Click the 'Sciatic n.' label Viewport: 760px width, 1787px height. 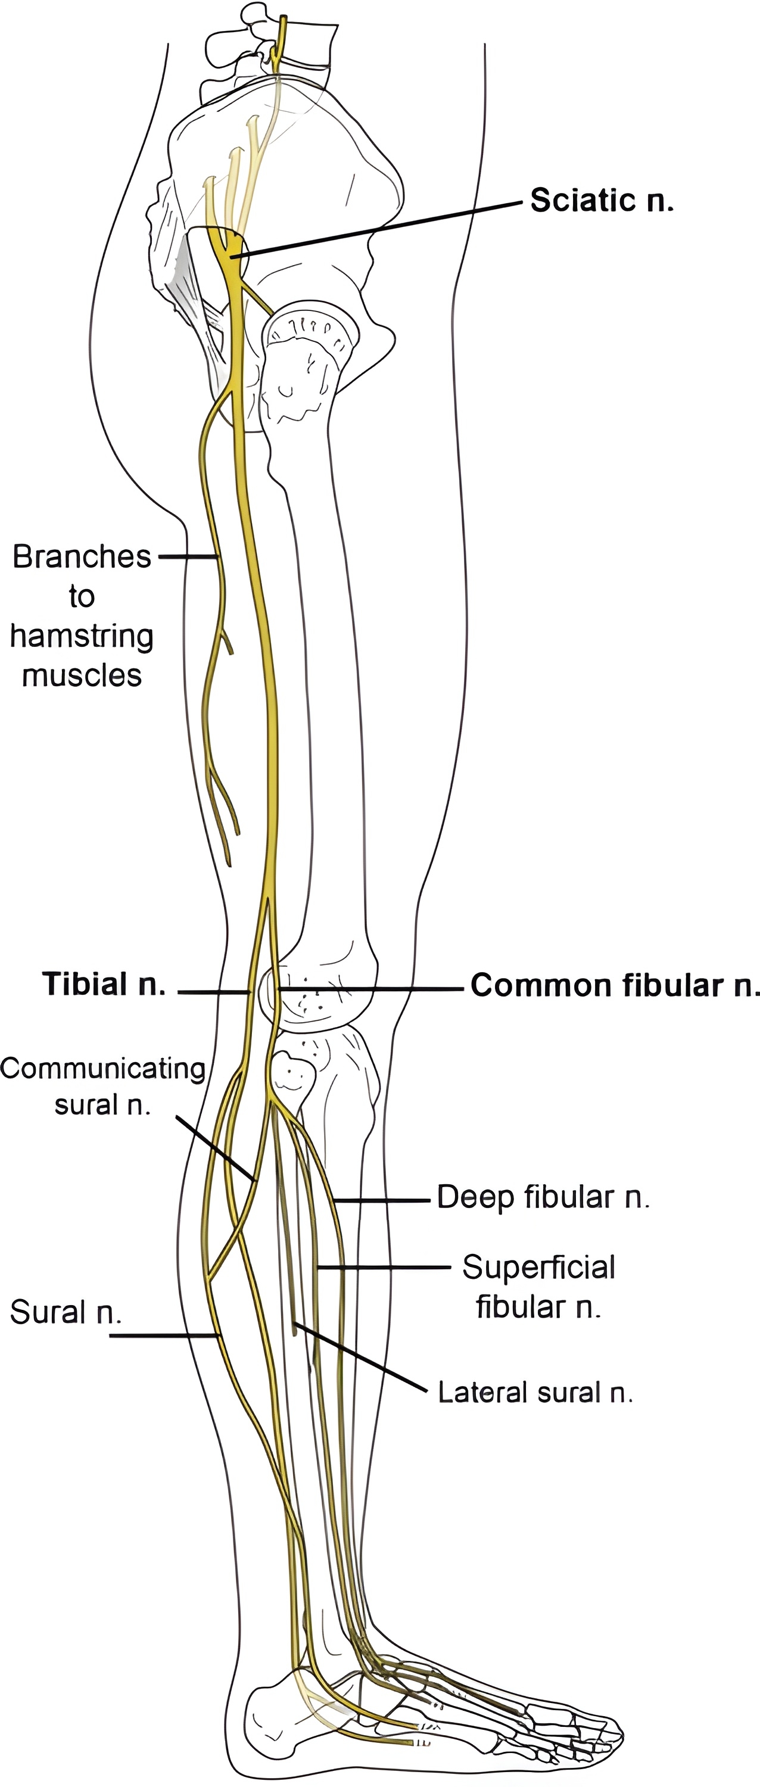coord(602,201)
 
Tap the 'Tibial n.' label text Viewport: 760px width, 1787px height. coord(104,983)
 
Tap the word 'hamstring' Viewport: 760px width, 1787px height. coord(82,636)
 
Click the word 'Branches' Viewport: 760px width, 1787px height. coord(82,556)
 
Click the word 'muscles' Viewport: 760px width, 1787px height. coord(82,675)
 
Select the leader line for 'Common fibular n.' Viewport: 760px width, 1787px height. coord(367,988)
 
